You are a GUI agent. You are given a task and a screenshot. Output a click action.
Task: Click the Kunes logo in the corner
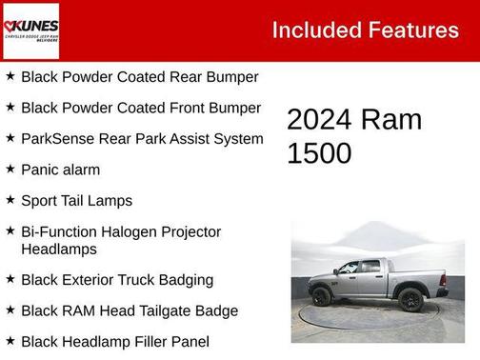click(x=30, y=30)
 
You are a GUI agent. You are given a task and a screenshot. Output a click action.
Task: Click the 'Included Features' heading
click(x=365, y=30)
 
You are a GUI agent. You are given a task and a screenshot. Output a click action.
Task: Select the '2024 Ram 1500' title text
click(x=353, y=135)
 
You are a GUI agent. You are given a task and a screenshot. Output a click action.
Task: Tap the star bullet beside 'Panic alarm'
click(x=10, y=169)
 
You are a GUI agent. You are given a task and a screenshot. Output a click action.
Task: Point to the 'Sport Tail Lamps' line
click(x=76, y=200)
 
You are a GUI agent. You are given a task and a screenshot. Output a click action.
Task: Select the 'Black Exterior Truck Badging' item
click(x=116, y=280)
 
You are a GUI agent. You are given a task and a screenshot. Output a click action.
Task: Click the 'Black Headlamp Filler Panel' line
click(x=114, y=341)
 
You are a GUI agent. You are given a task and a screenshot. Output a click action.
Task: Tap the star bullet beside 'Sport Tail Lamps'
click(x=10, y=200)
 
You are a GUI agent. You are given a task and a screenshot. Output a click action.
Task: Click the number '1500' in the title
click(x=319, y=152)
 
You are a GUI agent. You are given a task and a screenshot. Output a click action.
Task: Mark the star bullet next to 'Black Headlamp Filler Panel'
click(x=10, y=341)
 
